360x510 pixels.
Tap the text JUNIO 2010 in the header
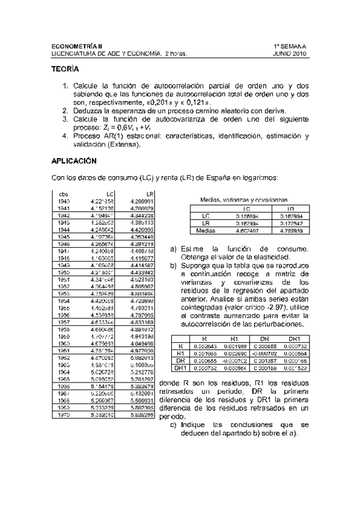click(x=290, y=53)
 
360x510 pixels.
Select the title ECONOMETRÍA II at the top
click(x=78, y=46)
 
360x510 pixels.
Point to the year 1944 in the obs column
click(x=64, y=230)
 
